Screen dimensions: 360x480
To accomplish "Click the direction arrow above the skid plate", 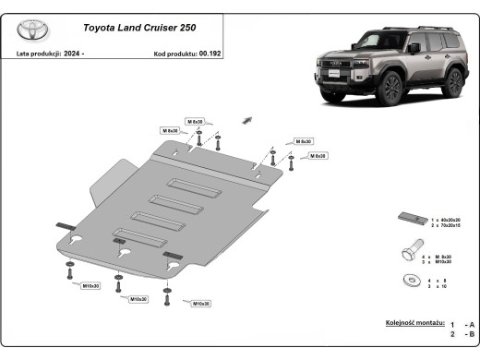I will tap(246, 120).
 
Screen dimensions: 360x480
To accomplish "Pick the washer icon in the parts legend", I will tap(410, 280).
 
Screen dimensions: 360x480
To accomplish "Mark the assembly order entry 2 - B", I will tap(462, 334).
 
